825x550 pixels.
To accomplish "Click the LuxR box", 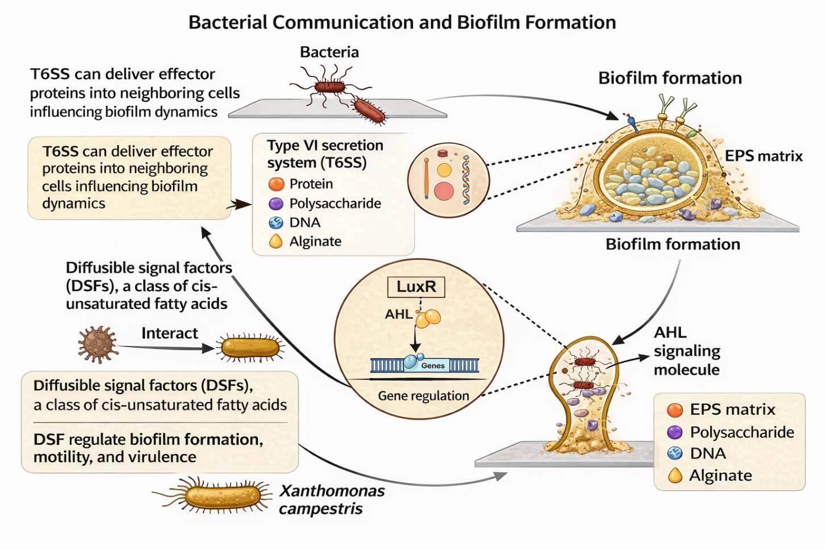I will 416,287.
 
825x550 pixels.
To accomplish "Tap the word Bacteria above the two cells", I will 329,52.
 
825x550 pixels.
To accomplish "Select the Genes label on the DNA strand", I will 433,366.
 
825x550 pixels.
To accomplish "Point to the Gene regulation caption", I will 423,396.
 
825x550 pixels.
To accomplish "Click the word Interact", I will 170,333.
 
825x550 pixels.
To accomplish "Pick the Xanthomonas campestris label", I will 332,499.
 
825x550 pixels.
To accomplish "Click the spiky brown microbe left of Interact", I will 98,344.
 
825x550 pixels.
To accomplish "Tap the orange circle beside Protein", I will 276,184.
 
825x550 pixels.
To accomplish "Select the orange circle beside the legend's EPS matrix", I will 675,410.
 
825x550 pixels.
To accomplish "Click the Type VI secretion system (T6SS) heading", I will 325,154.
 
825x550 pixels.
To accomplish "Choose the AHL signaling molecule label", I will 687,351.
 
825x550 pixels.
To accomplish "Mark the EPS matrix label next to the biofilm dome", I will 764,156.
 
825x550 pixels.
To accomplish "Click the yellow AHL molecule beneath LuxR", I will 428,319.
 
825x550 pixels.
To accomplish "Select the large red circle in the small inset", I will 444,192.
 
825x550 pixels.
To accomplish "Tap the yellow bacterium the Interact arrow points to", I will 250,348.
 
